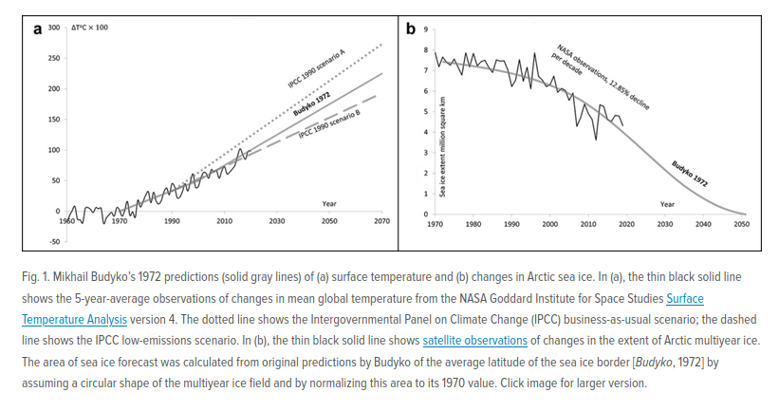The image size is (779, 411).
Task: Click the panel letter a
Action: (37, 28)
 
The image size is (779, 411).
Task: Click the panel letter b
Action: (411, 28)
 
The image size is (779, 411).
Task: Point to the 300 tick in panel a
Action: (54, 28)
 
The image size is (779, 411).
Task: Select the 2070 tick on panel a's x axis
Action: (381, 221)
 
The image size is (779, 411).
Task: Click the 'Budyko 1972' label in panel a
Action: (311, 105)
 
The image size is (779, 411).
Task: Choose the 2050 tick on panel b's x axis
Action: (742, 224)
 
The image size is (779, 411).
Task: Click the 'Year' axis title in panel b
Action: (667, 204)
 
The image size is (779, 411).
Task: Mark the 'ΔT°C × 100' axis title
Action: (90, 28)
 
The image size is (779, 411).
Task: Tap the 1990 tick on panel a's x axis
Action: (172, 221)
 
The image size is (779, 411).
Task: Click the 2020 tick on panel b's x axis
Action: (626, 224)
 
